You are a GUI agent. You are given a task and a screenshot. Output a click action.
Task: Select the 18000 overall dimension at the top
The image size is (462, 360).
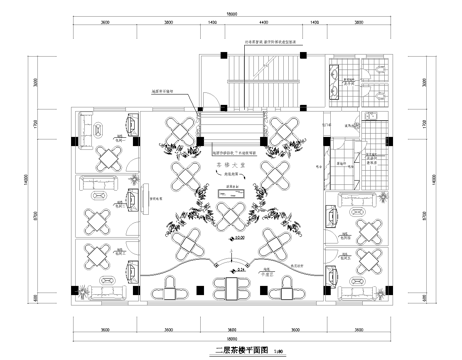[x=231, y=12]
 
